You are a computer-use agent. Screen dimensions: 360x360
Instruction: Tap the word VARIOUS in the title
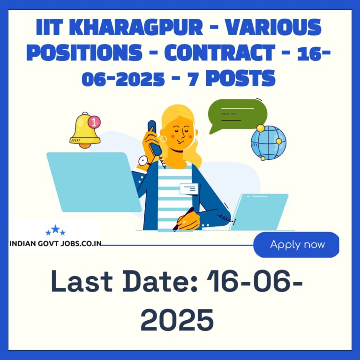273,27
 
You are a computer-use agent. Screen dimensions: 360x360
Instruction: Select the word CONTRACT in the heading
220,52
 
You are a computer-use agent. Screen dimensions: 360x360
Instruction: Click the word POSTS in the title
240,78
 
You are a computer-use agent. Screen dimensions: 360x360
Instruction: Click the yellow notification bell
84,130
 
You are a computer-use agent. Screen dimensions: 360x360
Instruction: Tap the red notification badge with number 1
94,122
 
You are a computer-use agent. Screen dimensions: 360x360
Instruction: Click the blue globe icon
269,142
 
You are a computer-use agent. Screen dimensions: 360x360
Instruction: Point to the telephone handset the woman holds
154,137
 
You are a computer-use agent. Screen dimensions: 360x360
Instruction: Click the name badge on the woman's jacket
189,189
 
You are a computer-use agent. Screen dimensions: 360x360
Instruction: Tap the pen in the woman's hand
183,219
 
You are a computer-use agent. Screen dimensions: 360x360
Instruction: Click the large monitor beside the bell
94,182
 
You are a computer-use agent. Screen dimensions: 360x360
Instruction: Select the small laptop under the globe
259,212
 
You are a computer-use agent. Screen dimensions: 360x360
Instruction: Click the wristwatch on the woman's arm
143,161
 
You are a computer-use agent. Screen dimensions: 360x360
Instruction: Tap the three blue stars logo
55,230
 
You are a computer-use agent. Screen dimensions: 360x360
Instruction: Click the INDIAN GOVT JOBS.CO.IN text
55,243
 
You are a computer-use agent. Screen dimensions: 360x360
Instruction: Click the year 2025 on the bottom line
177,320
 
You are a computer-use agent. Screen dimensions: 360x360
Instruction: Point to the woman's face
181,135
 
